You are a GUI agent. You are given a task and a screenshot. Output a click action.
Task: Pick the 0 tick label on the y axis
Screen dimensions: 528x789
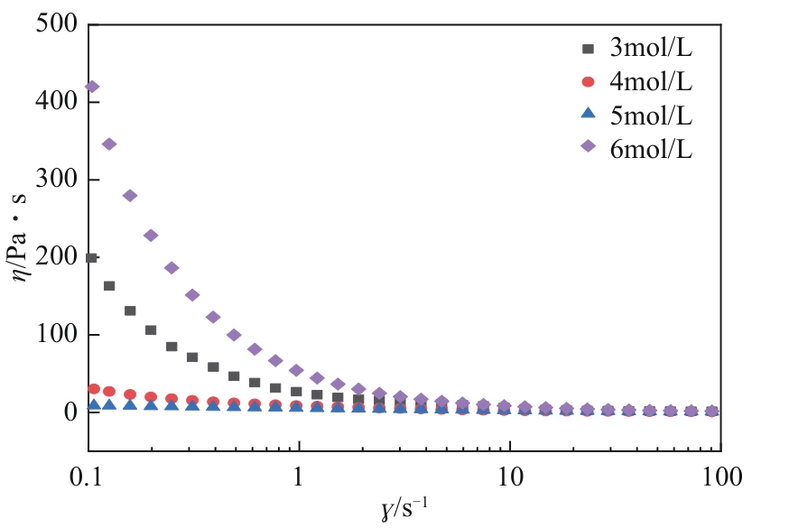[70, 412]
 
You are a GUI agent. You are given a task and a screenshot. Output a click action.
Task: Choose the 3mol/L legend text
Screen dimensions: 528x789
[651, 48]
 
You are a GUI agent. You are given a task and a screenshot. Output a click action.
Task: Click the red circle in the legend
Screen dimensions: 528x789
[588, 82]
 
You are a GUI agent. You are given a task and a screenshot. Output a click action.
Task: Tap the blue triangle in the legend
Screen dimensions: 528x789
[588, 115]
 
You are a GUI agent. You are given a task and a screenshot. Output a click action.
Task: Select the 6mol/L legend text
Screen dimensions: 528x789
[651, 149]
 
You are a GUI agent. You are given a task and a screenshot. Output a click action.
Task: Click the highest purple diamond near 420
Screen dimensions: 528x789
[91, 87]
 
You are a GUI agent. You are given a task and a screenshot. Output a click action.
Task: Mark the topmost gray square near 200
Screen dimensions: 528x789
[90, 258]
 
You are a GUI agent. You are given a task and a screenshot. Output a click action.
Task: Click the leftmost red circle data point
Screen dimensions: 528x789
[93, 389]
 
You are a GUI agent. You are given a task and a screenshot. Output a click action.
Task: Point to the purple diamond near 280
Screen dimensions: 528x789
[129, 196]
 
